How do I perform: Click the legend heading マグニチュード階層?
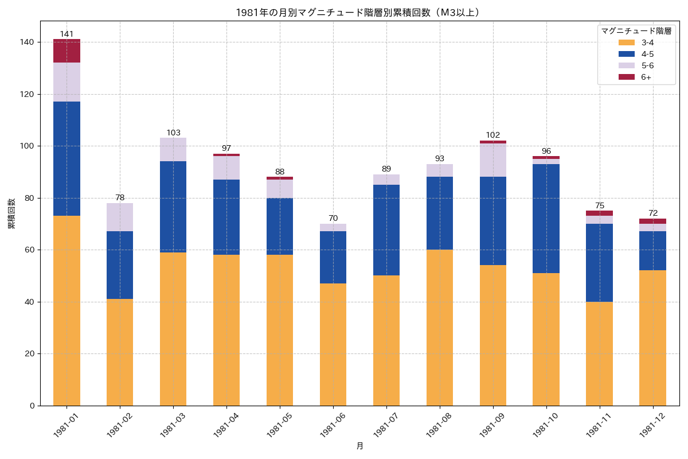(636, 31)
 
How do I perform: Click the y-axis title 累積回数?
(11, 213)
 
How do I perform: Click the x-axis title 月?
(359, 446)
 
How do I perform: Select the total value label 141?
(67, 34)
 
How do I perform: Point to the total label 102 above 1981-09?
(493, 135)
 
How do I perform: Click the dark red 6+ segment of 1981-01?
(67, 51)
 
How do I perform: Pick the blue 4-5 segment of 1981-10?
(546, 219)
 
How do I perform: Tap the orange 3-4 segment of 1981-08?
(440, 328)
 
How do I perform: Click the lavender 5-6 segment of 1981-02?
(120, 217)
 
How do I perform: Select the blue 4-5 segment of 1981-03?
(173, 207)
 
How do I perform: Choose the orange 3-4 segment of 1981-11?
(599, 353)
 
